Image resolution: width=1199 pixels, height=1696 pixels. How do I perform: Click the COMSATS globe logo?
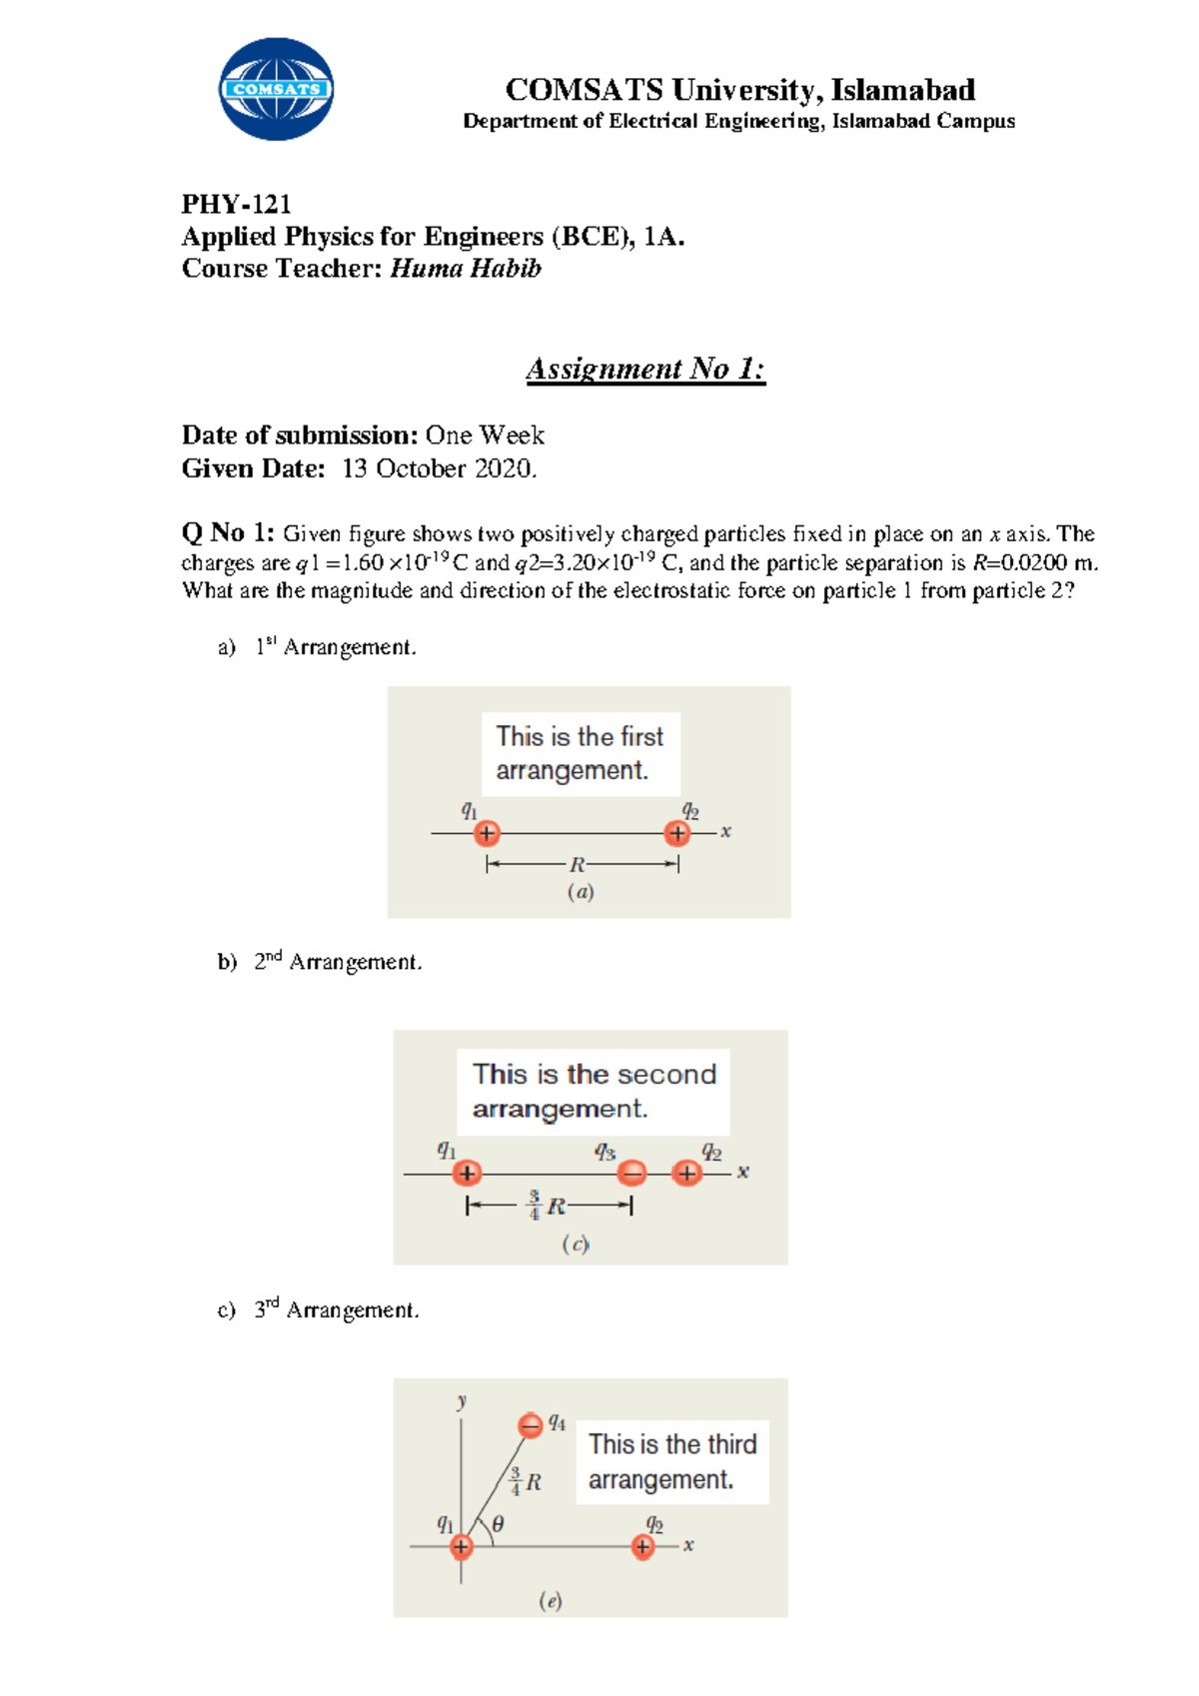tap(276, 89)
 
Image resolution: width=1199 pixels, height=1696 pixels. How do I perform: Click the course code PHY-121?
tap(236, 205)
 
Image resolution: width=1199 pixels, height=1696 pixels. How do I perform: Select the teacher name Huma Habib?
tap(465, 269)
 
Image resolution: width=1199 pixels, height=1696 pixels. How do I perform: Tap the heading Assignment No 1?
tap(645, 369)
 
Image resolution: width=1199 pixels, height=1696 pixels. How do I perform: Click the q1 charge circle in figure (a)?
tap(487, 833)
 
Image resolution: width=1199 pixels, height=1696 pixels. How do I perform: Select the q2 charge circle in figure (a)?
tap(677, 833)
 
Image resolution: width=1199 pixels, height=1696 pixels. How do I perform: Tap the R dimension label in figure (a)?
tap(578, 865)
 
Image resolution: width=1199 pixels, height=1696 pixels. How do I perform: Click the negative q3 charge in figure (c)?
tap(631, 1173)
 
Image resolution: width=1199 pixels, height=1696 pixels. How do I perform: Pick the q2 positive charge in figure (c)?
tap(686, 1173)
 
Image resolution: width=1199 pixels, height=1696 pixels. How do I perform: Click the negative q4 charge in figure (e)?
tap(531, 1425)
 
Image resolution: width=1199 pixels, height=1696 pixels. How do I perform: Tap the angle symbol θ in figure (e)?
tap(498, 1524)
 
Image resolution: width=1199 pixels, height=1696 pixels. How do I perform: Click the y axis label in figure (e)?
tap(462, 1400)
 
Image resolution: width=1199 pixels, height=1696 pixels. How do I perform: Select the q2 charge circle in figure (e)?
tap(643, 1547)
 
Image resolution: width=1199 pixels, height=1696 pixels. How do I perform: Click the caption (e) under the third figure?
tap(551, 1601)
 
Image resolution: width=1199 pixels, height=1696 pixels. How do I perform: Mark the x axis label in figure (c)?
tap(743, 1172)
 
